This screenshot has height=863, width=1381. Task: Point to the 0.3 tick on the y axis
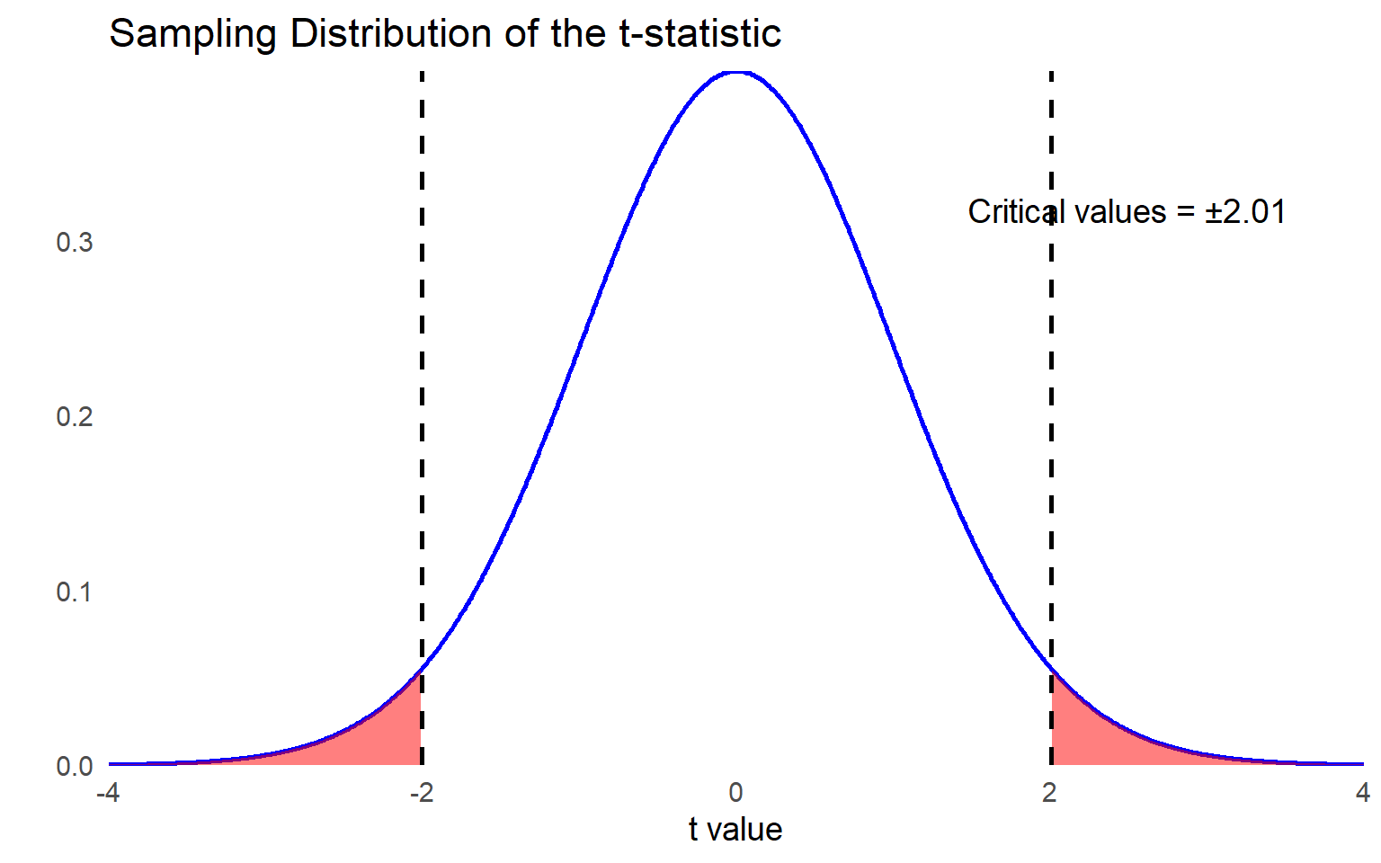tap(75, 243)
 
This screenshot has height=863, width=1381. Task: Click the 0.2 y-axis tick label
tap(75, 417)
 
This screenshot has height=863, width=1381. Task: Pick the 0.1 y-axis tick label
tap(75, 592)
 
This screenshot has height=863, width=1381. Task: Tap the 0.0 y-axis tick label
tap(75, 767)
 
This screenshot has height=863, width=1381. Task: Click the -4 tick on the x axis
tap(108, 793)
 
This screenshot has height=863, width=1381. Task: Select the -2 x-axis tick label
tap(421, 793)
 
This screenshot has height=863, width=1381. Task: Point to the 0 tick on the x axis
tap(735, 793)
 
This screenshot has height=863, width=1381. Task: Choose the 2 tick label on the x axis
tap(1049, 793)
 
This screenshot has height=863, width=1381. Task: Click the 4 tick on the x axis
tap(1363, 793)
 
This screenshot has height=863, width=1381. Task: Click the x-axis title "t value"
tap(735, 830)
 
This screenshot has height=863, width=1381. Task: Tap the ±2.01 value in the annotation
tap(1245, 212)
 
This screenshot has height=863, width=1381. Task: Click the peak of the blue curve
tap(735, 72)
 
